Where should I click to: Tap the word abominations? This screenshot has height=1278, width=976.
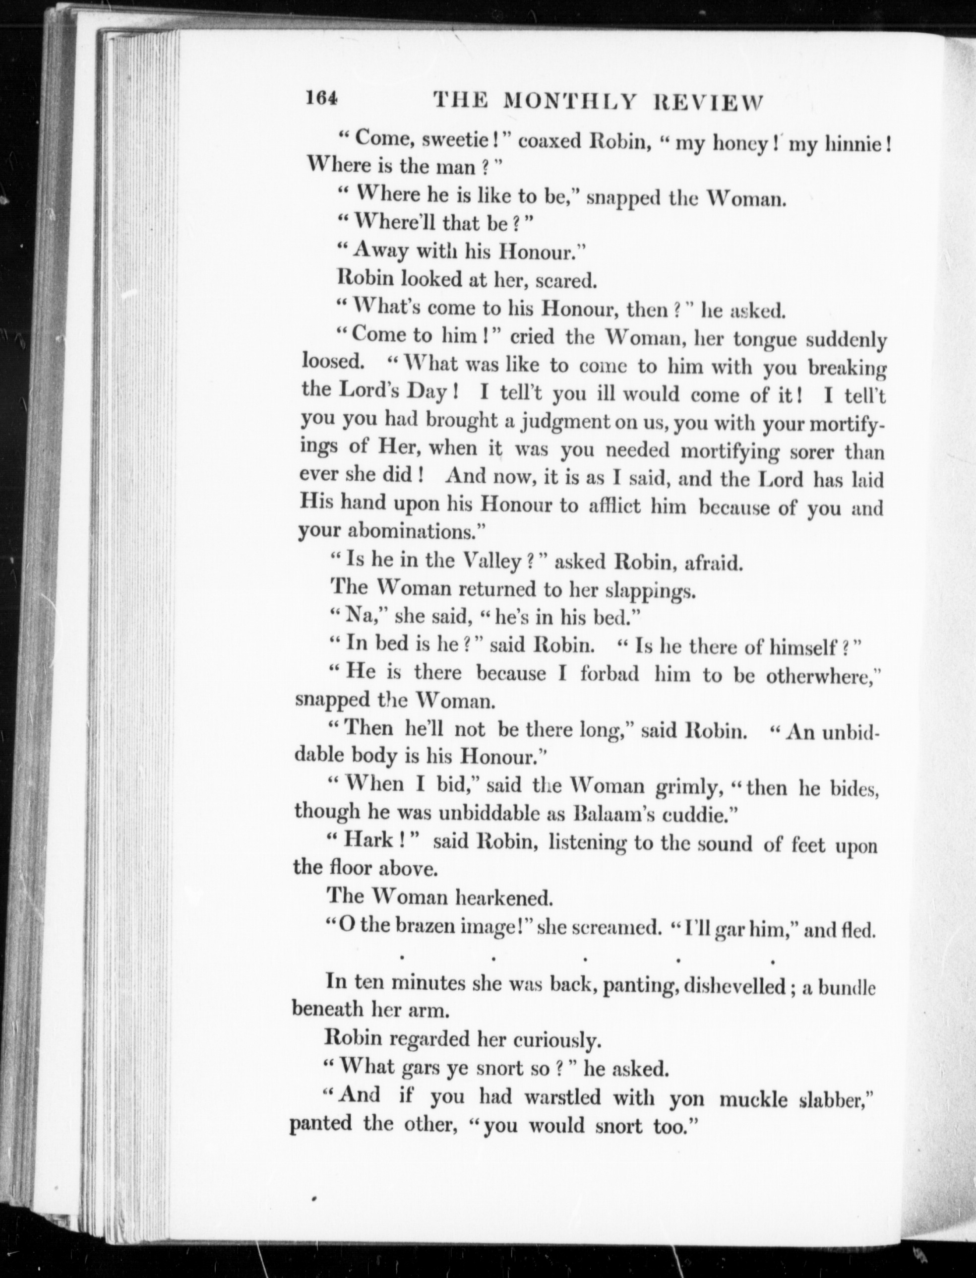[x=415, y=531]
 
